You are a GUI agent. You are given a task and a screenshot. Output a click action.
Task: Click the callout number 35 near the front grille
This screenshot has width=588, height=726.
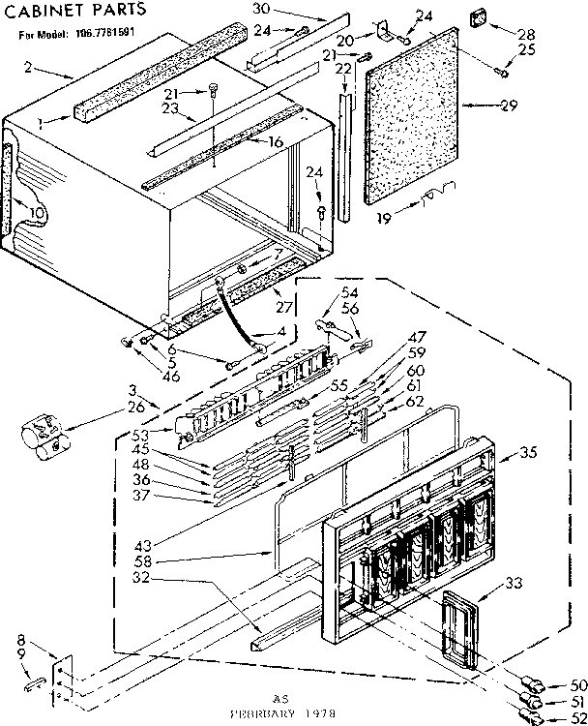[527, 452]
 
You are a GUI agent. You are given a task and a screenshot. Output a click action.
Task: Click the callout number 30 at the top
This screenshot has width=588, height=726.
[233, 8]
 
